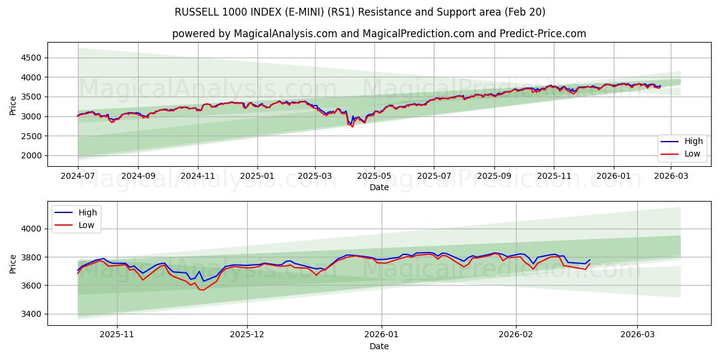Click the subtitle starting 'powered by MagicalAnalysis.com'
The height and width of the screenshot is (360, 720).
(x=379, y=34)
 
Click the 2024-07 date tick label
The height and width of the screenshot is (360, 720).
(x=77, y=176)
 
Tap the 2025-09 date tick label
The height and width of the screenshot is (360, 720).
(x=494, y=176)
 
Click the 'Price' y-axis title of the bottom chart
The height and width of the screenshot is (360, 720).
(x=13, y=263)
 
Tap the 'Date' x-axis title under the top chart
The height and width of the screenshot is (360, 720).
(x=379, y=187)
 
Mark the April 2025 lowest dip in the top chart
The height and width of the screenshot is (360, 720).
(x=352, y=126)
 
